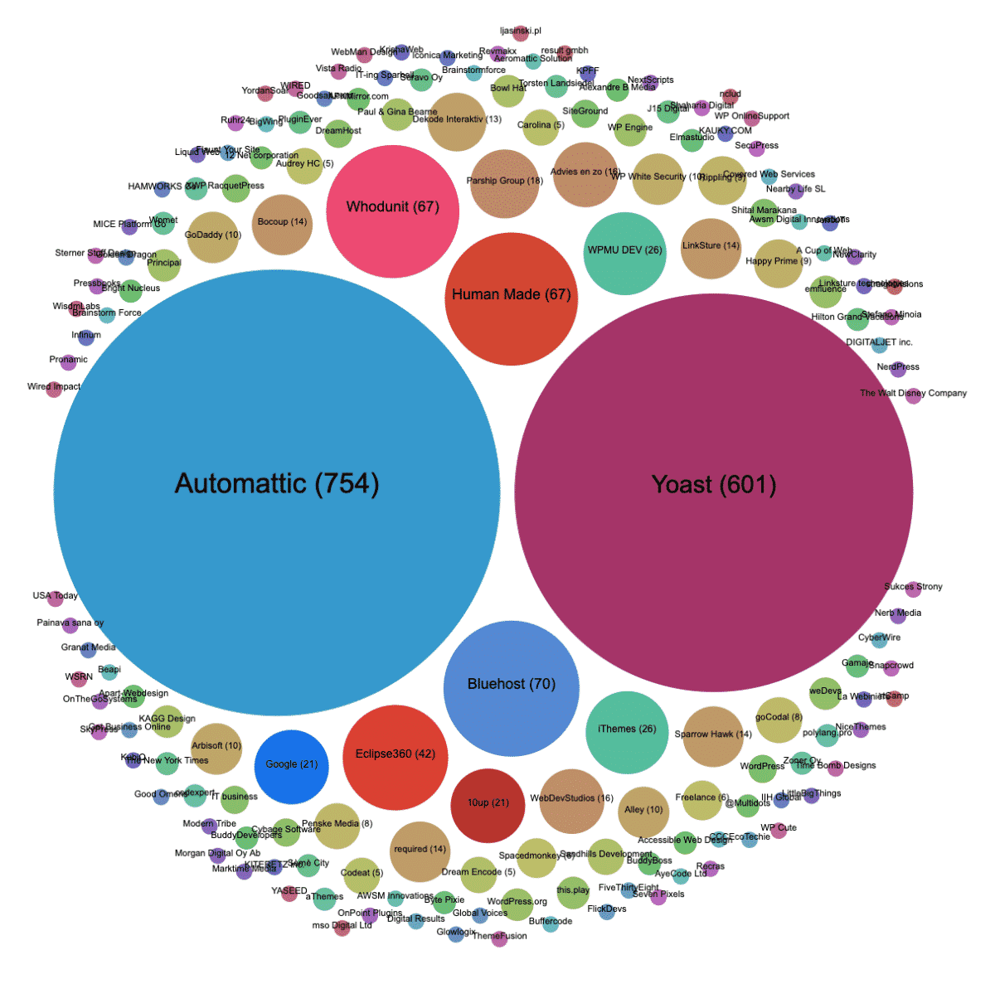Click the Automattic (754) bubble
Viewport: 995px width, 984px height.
click(x=276, y=492)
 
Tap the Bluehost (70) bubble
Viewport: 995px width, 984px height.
click(x=511, y=688)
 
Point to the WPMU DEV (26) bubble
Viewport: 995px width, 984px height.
click(x=624, y=254)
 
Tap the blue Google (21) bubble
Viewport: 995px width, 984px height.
click(x=292, y=767)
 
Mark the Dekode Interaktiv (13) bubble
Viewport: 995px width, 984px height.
click(x=456, y=122)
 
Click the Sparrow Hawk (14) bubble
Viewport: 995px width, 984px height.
click(x=713, y=737)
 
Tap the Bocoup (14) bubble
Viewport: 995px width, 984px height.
click(x=282, y=225)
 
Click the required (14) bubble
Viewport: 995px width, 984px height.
click(x=420, y=851)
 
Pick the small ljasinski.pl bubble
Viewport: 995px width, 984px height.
click(x=521, y=33)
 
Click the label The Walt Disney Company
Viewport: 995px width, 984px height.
click(x=913, y=393)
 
